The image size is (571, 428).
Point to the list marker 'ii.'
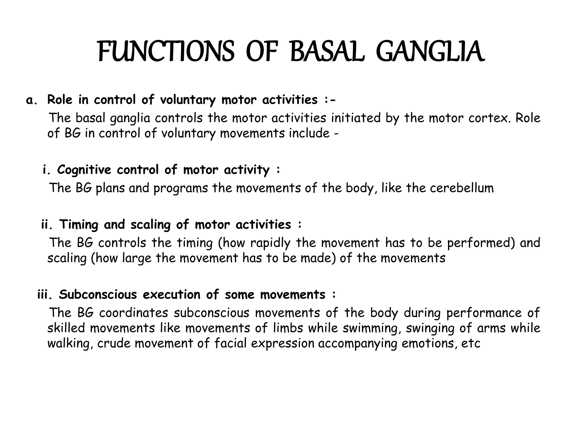click(x=47, y=225)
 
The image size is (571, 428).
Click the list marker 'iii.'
click(x=45, y=295)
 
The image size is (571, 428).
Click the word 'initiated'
click(x=356, y=118)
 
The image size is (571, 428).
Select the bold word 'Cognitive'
click(x=84, y=170)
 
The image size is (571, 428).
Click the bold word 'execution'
click(x=171, y=295)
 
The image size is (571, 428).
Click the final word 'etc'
click(x=471, y=343)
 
